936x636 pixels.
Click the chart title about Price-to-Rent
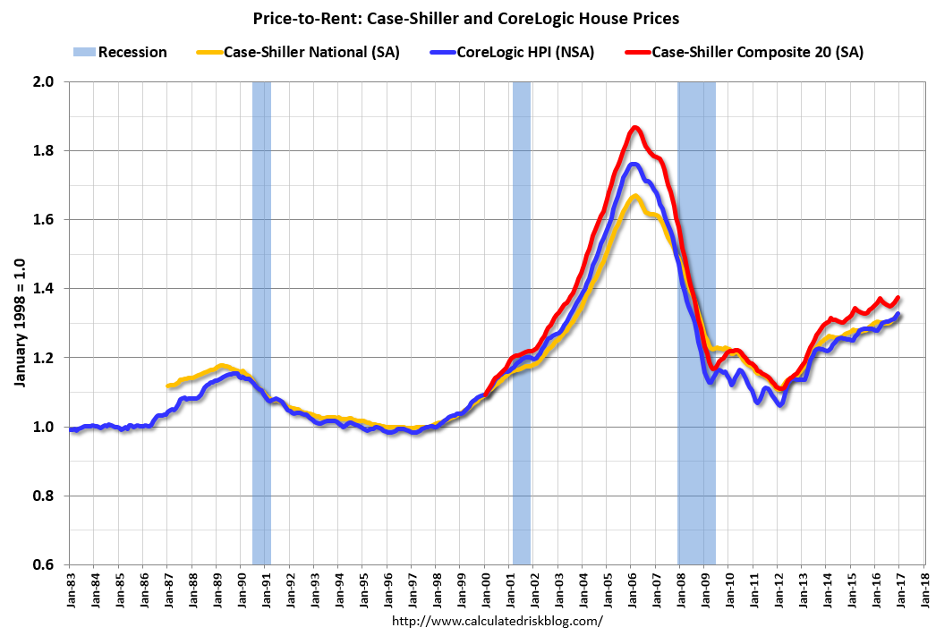point(467,17)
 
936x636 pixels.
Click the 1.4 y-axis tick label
point(45,289)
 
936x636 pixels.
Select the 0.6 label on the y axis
point(45,564)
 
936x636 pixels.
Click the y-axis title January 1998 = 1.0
point(19,322)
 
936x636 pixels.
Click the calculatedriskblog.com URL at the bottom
point(498,620)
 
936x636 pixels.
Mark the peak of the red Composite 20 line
point(634,128)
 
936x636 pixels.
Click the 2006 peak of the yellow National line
point(634,196)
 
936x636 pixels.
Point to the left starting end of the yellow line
point(169,386)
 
